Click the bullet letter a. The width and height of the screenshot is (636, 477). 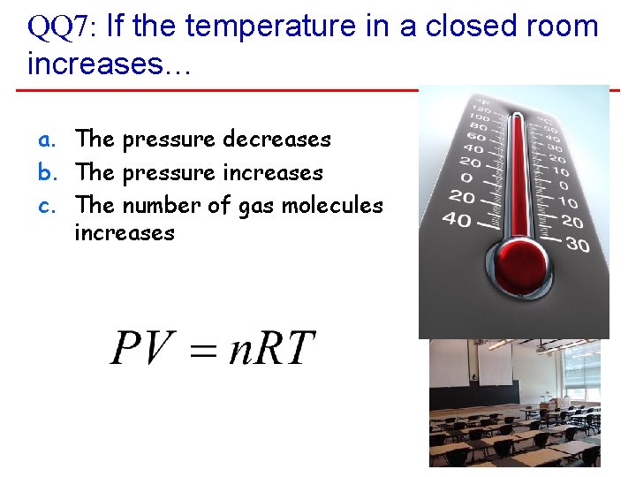point(45,140)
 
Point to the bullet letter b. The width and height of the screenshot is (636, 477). point(45,172)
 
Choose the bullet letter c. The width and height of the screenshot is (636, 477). point(45,205)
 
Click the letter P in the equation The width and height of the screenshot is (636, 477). point(127,347)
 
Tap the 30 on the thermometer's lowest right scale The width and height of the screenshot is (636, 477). point(578,245)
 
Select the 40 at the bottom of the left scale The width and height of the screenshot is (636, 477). point(457,219)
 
